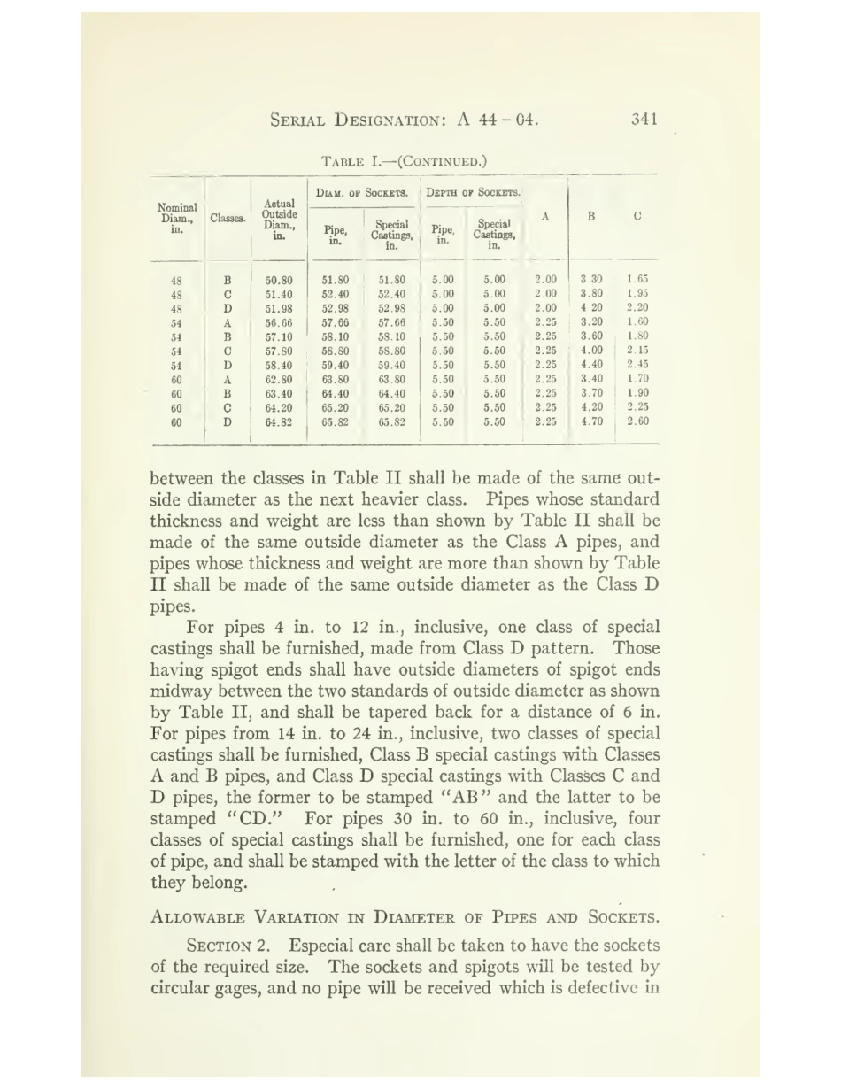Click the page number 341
click(644, 120)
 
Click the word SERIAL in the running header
click(301, 120)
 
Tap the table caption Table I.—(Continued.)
click(404, 161)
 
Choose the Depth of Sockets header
click(474, 192)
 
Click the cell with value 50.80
click(279, 280)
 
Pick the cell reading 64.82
click(279, 422)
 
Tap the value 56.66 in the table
click(279, 323)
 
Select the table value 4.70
click(591, 421)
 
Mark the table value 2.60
click(637, 421)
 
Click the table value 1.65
click(637, 279)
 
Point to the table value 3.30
click(591, 279)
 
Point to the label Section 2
click(233, 945)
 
